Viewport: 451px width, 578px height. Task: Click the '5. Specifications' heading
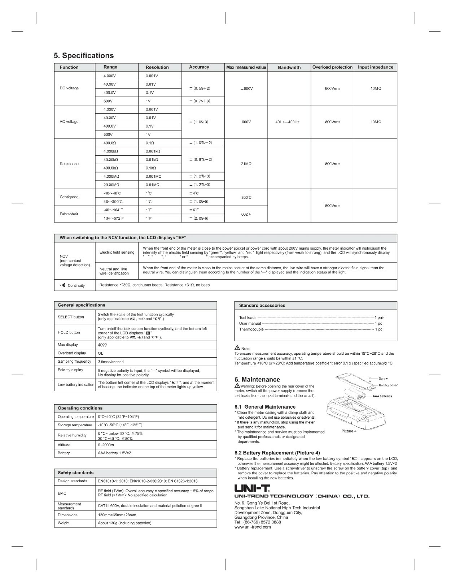pyautogui.click(x=84, y=56)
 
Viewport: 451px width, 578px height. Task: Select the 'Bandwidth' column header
pyautogui.click(x=289, y=67)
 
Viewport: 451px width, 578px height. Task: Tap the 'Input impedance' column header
pyautogui.click(x=375, y=67)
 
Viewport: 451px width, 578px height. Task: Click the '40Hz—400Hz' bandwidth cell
pyautogui.click(x=287, y=122)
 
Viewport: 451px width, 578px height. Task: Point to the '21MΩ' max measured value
pyautogui.click(x=246, y=164)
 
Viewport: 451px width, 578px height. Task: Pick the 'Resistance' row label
pyautogui.click(x=69, y=164)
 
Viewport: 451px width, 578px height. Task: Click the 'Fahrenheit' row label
pyautogui.click(x=69, y=214)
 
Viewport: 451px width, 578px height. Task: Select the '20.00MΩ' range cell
pyautogui.click(x=111, y=185)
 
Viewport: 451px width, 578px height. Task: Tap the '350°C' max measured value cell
pyautogui.click(x=246, y=198)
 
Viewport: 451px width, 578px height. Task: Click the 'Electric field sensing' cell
pyautogui.click(x=117, y=253)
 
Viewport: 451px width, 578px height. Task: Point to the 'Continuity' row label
pyautogui.click(x=76, y=285)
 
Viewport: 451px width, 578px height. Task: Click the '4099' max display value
pyautogui.click(x=103, y=345)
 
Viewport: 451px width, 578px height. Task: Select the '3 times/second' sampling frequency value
pyautogui.click(x=111, y=362)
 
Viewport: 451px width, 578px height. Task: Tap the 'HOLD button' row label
pyautogui.click(x=69, y=332)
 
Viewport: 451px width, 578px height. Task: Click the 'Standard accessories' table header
pyautogui.click(x=262, y=306)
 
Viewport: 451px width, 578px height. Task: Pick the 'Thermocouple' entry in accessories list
pyautogui.click(x=251, y=329)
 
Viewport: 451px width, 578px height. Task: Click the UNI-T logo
pyautogui.click(x=252, y=489)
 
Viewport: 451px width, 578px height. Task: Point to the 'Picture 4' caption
pyautogui.click(x=349, y=431)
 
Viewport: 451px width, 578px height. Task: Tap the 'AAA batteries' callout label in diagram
pyautogui.click(x=382, y=396)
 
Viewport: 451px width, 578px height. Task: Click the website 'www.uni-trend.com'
pyautogui.click(x=253, y=527)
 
